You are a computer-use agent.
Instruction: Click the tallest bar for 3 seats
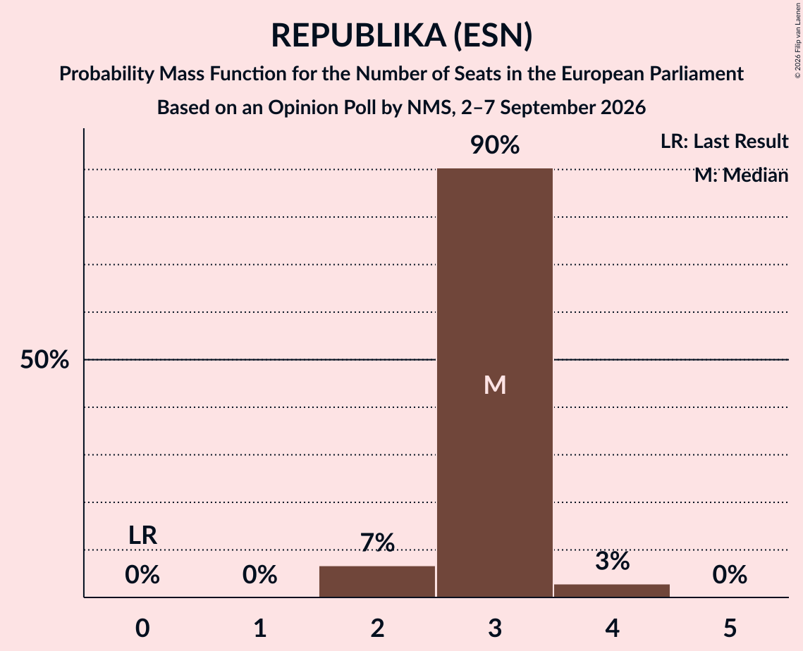pos(495,383)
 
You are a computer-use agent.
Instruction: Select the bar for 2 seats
pos(377,581)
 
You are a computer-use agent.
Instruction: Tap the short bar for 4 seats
pos(612,590)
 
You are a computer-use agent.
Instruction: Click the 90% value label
pos(495,145)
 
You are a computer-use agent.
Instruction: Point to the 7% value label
pos(377,542)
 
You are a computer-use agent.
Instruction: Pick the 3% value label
pos(613,561)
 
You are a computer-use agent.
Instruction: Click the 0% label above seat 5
pos(730,575)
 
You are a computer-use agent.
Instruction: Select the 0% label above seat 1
pos(259,575)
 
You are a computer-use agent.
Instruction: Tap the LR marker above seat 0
pos(142,535)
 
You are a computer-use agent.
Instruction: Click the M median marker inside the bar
pos(495,385)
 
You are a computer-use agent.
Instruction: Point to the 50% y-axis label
pos(44,359)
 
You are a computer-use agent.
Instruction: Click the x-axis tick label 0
pos(142,628)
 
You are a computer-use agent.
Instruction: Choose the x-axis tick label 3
pos(495,628)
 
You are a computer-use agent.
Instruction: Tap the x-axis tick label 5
pos(730,628)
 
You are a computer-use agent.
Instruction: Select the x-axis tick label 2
pos(377,628)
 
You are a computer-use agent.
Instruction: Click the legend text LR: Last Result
pos(724,141)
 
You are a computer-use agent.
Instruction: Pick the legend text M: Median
pos(741,175)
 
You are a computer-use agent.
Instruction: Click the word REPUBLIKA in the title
pos(358,35)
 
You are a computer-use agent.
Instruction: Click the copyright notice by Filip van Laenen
pos(797,40)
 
